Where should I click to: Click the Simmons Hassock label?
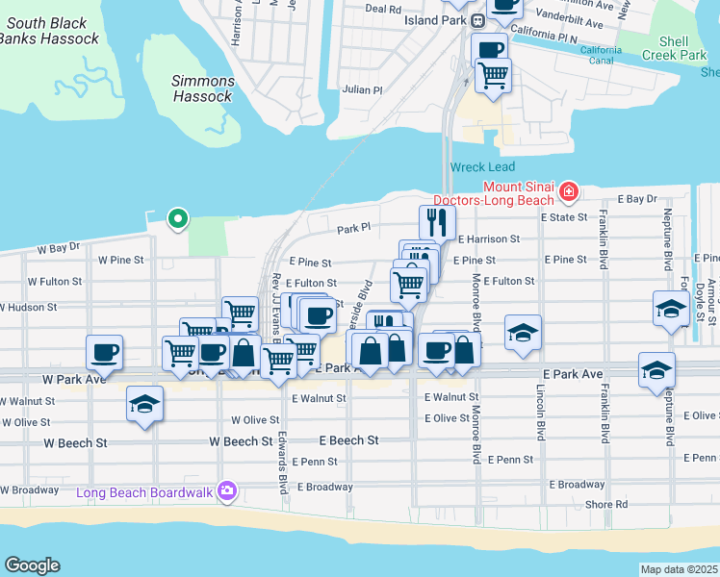[x=202, y=88]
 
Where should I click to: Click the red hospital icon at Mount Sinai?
[x=569, y=192]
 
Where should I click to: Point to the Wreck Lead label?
[x=482, y=167]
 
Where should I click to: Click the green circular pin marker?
[x=177, y=219]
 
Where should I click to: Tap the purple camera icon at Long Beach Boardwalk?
[x=227, y=491]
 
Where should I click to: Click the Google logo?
[x=32, y=565]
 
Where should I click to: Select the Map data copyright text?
[x=680, y=569]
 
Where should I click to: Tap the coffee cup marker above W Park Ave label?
[x=105, y=351]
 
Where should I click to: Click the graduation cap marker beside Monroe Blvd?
[x=523, y=332]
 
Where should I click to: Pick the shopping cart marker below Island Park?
[x=493, y=74]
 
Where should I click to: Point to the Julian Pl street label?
[x=363, y=89]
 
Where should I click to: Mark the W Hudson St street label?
[x=29, y=308]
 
